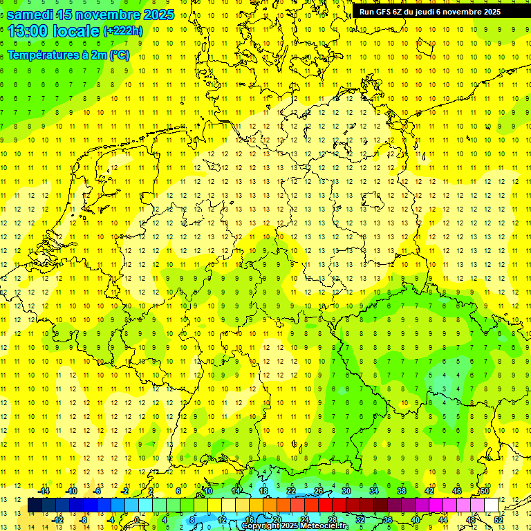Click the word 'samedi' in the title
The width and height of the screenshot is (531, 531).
(x=32, y=14)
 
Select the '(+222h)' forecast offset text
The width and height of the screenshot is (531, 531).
(x=122, y=31)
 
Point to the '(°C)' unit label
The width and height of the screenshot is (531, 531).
(x=119, y=55)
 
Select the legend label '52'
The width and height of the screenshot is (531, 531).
(x=499, y=519)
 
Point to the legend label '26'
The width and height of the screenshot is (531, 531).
(x=319, y=490)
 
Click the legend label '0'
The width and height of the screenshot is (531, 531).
(x=137, y=519)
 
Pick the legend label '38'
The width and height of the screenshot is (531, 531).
(x=402, y=490)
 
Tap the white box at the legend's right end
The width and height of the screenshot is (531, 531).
(x=491, y=505)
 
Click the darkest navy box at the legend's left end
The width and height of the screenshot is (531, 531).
(x=35, y=505)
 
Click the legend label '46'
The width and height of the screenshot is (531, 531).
(x=457, y=490)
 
